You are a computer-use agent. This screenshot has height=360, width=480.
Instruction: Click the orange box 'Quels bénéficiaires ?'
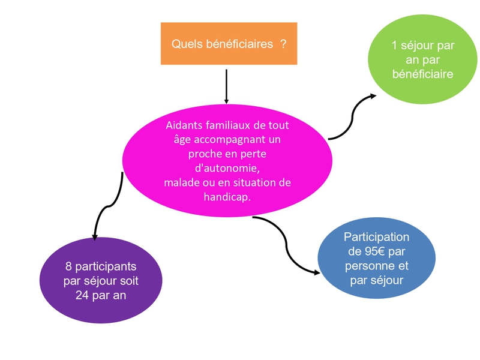coord(229,43)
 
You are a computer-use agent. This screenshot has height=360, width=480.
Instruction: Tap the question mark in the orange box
coord(283,44)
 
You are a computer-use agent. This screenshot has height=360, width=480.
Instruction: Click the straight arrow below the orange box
coord(226,86)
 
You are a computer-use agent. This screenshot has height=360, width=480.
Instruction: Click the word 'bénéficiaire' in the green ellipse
coord(422,74)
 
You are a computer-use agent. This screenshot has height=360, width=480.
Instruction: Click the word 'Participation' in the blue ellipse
coord(376,238)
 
